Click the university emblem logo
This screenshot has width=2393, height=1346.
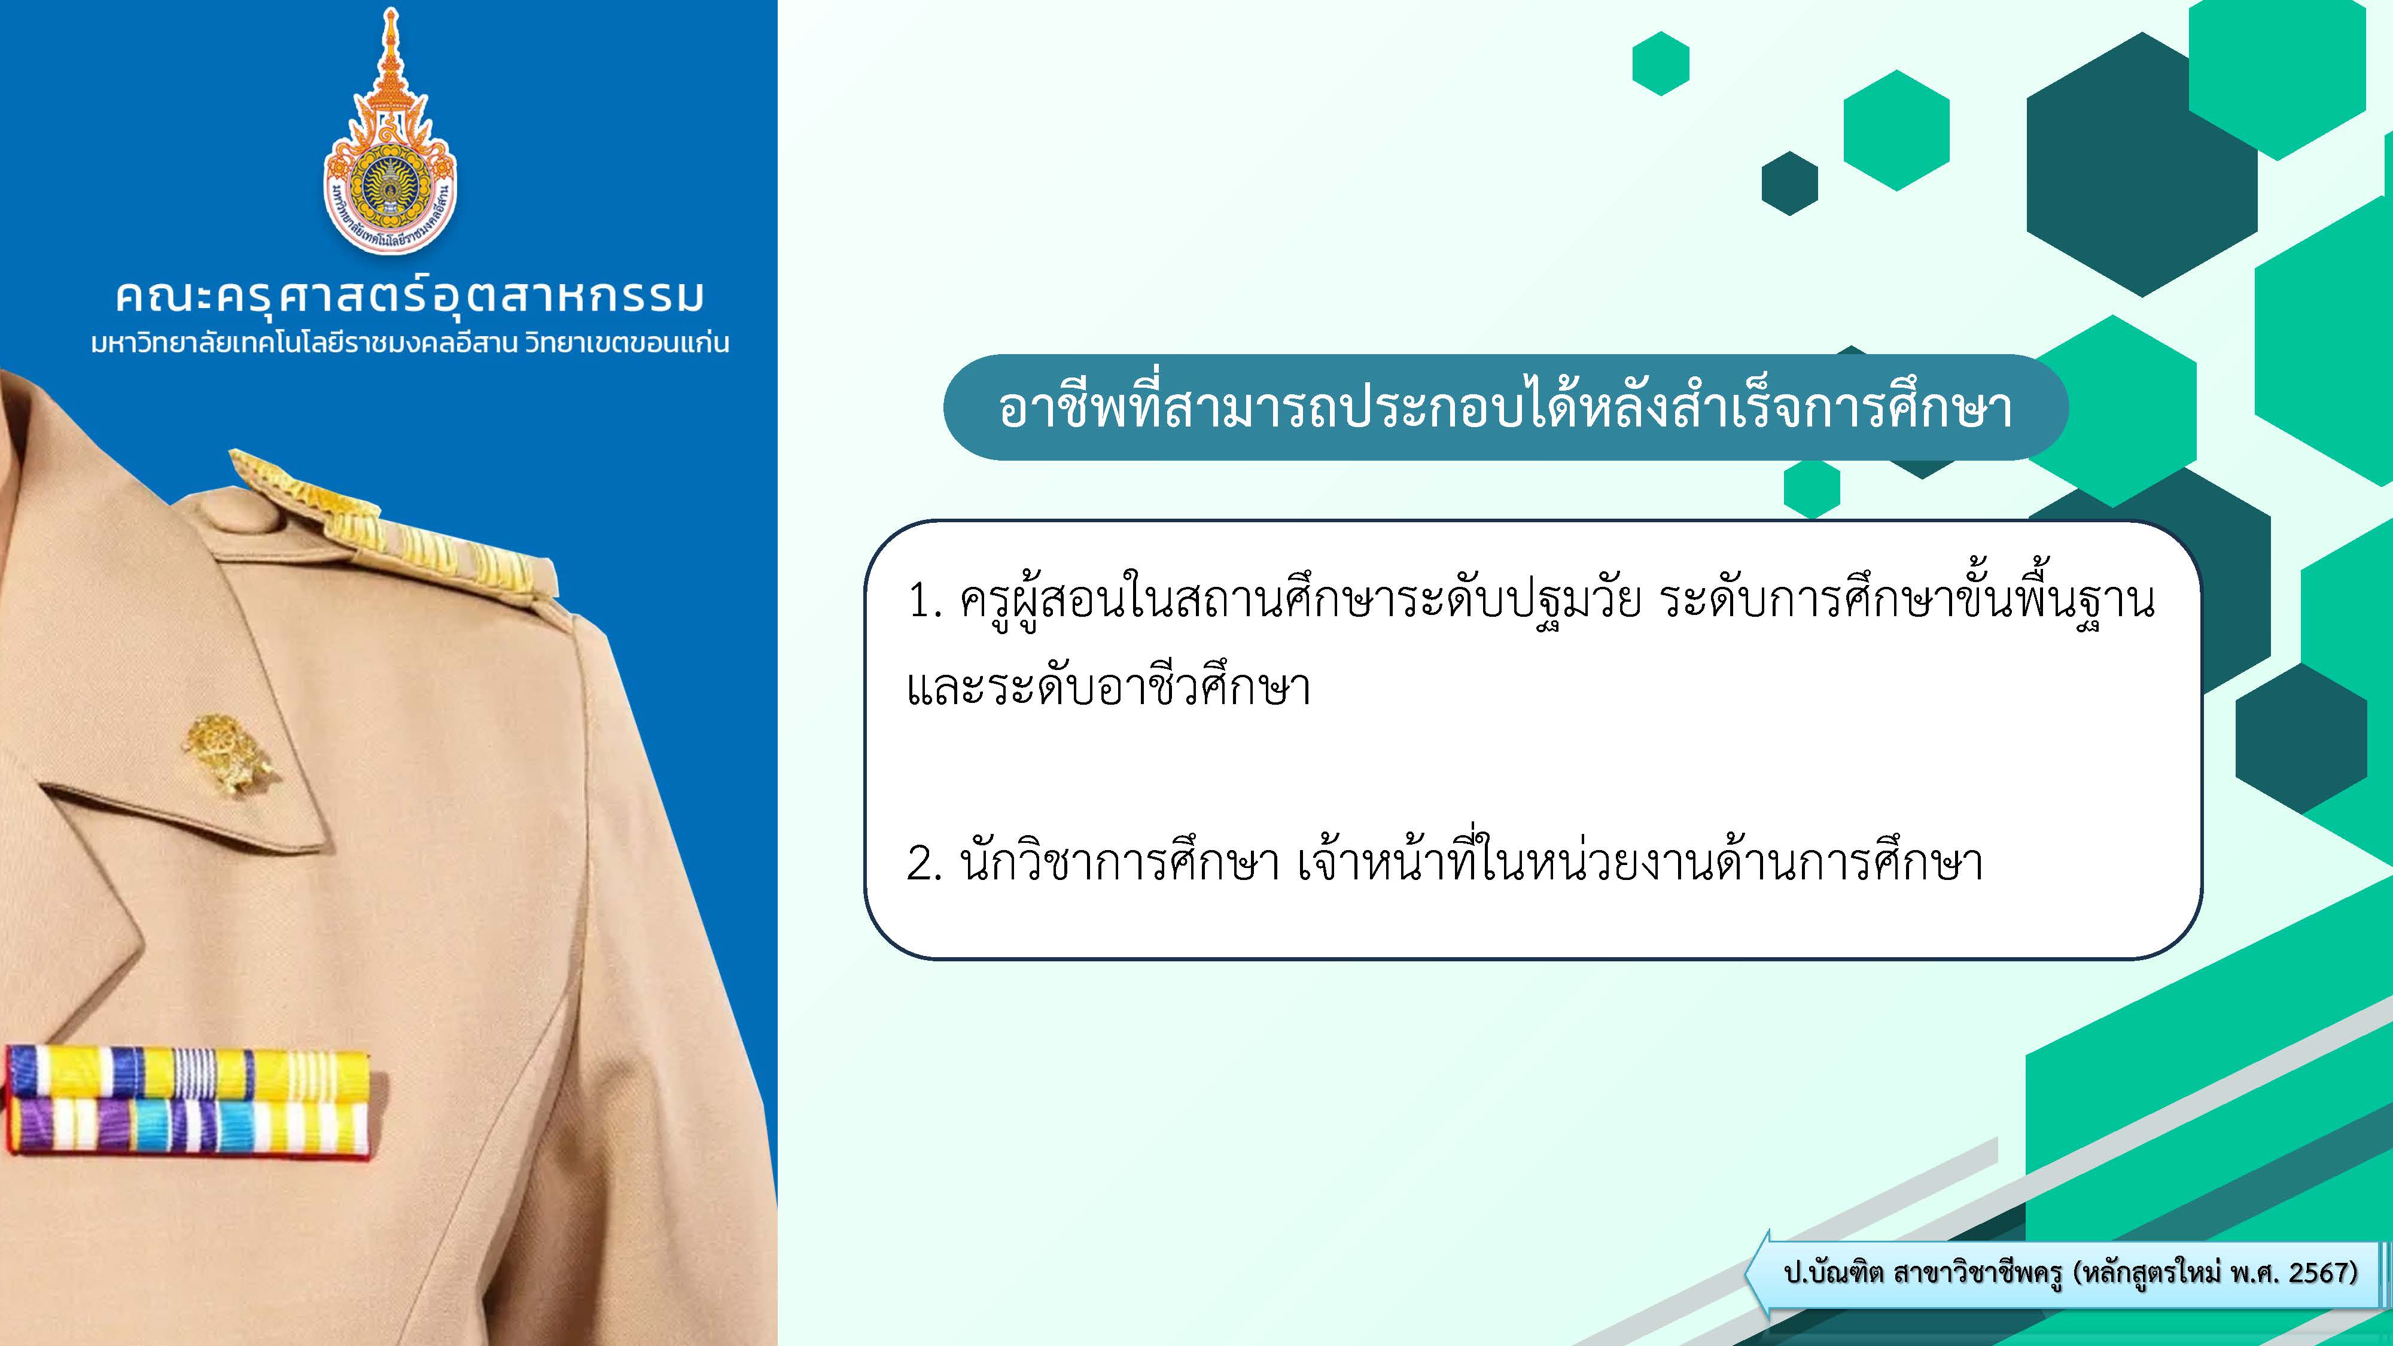390,130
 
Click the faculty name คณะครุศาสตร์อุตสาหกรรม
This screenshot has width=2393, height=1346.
410,296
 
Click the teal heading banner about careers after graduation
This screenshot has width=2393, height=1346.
1505,407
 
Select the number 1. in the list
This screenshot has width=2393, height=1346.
925,602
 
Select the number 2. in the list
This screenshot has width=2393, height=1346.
925,864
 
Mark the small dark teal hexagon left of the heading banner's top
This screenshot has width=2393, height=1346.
1789,183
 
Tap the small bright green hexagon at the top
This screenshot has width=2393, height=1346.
1660,63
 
